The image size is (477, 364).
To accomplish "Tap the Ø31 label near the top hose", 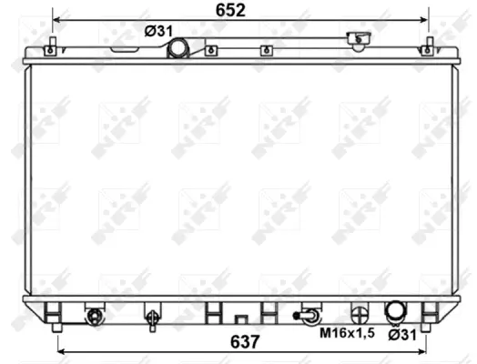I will (158, 31).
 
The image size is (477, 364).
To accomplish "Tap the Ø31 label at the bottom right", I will (403, 333).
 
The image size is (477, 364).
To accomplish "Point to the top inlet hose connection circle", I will (178, 46).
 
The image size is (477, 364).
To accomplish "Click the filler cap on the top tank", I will (360, 40).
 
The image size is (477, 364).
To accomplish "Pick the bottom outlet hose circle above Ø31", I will (396, 312).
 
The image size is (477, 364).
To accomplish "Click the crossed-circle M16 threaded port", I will (363, 312).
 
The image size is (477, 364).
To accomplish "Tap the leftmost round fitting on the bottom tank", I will (93, 316).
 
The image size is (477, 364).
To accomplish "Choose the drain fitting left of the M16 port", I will (310, 316).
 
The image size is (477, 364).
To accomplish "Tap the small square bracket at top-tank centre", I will (263, 50).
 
